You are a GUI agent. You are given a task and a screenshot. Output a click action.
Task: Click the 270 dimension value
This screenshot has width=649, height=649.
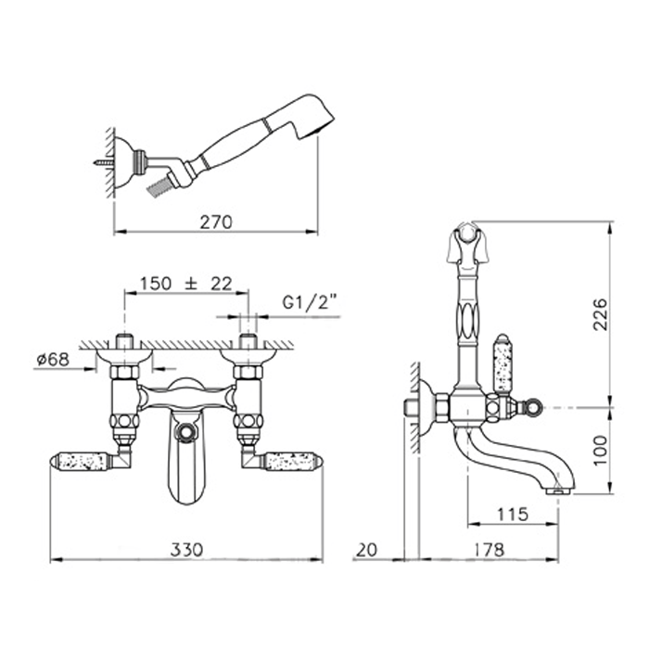pos(216,223)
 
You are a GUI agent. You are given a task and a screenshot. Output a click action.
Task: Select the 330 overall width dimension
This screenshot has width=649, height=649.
pos(187,550)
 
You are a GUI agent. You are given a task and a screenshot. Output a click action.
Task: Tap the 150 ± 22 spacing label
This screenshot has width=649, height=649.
pos(185,284)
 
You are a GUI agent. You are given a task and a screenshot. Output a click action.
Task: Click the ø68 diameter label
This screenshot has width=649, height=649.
pos(53,360)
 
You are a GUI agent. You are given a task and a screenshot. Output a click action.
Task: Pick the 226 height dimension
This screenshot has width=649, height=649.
pos(600,313)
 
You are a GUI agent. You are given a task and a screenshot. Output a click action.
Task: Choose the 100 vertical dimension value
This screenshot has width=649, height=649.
pos(600,450)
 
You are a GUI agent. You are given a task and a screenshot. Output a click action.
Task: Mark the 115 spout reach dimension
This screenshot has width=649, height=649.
pos(513,515)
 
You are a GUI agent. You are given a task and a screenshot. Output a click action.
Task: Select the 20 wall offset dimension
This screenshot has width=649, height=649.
pos(367,550)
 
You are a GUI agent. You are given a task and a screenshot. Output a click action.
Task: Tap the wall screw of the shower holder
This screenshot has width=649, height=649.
pos(104,162)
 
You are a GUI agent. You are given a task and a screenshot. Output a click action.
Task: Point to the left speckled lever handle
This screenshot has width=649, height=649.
pos(80,461)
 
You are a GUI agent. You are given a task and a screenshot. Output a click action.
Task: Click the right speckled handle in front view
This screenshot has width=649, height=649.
pos(293,461)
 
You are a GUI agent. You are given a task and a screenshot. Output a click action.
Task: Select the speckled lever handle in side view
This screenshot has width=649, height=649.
pos(503,363)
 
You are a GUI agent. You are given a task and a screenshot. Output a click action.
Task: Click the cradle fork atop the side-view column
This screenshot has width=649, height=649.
pos(467,243)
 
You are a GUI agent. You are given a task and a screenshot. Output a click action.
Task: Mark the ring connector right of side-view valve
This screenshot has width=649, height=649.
pos(533,407)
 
